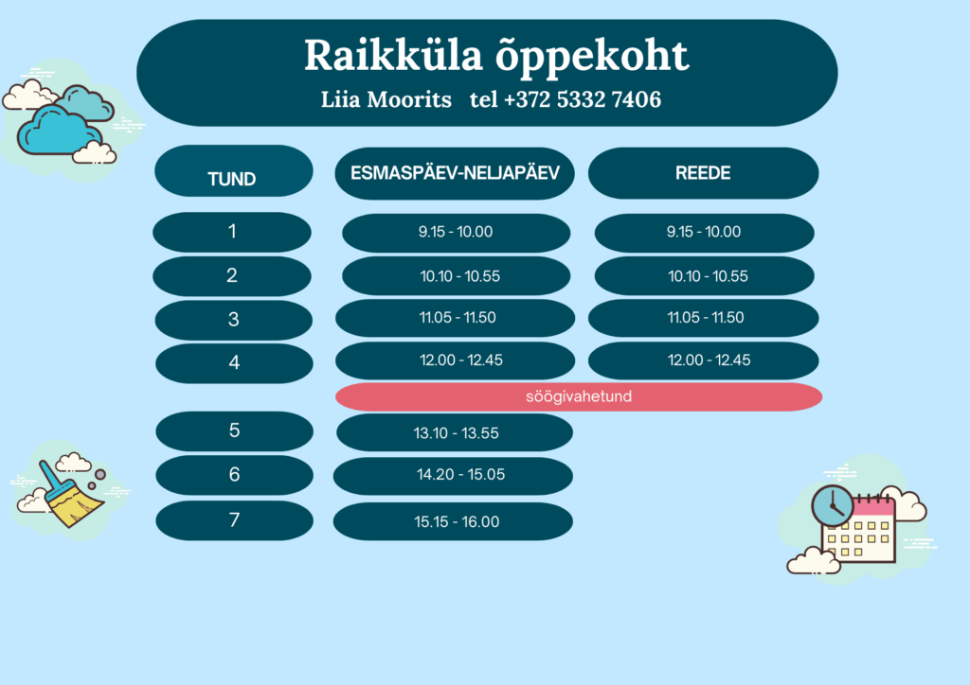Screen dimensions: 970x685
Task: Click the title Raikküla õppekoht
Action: [496, 57]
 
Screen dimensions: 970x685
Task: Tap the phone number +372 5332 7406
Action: [583, 99]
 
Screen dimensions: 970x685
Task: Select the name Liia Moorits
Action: [386, 99]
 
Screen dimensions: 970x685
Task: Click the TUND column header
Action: [234, 171]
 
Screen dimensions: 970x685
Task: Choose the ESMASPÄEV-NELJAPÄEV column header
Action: [455, 173]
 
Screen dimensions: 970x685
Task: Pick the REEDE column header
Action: [704, 173]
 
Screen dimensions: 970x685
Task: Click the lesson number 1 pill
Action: [232, 232]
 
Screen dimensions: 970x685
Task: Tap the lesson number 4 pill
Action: [234, 363]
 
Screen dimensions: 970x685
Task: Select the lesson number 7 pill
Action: [235, 520]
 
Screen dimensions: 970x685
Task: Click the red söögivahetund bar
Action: [579, 396]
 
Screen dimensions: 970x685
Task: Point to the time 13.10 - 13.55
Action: [455, 432]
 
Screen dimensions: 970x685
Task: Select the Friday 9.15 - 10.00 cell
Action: [704, 233]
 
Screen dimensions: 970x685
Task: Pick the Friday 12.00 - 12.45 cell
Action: [704, 360]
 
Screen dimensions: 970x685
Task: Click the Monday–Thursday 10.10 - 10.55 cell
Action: [456, 276]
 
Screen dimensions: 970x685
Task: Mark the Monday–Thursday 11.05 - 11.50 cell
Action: [455, 318]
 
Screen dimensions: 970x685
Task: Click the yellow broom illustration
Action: [68, 494]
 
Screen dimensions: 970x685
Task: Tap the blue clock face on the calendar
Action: [833, 506]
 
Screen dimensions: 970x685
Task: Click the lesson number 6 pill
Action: [235, 475]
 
